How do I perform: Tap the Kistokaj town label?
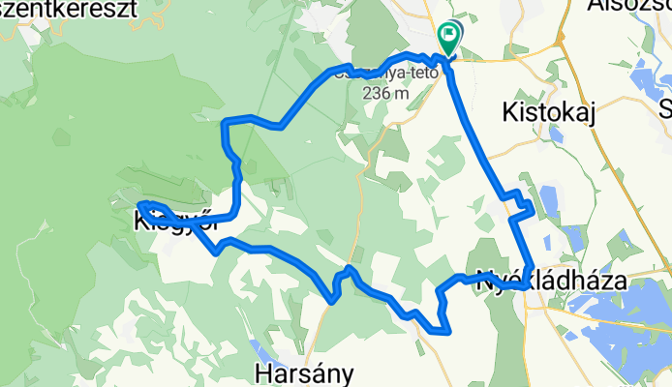553,112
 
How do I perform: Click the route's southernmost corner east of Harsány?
448,331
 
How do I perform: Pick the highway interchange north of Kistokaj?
560,39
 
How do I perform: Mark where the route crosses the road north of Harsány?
332,301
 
